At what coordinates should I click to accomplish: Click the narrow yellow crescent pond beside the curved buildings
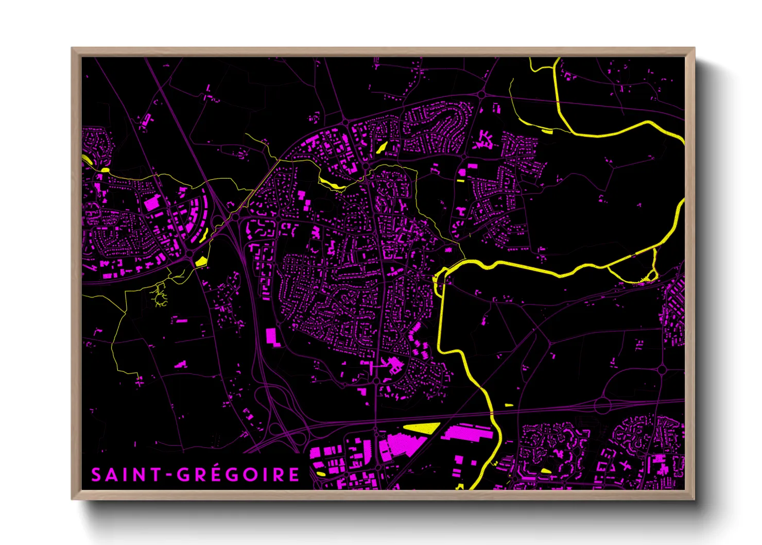pyautogui.click(x=203, y=235)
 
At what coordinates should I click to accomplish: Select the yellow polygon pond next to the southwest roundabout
pyautogui.click(x=201, y=261)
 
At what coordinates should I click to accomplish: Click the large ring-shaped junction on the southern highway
pyautogui.click(x=603, y=405)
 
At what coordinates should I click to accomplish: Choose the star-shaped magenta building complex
pyautogui.click(x=484, y=139)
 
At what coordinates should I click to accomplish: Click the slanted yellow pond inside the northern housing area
pyautogui.click(x=382, y=147)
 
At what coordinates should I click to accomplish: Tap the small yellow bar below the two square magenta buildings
pyautogui.click(x=460, y=181)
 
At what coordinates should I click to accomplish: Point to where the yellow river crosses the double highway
pyautogui.click(x=492, y=413)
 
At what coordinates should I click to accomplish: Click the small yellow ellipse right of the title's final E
pyautogui.click(x=320, y=473)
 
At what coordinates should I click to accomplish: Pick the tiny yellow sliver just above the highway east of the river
pyautogui.click(x=509, y=405)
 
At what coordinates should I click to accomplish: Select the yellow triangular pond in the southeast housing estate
pyautogui.click(x=546, y=470)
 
